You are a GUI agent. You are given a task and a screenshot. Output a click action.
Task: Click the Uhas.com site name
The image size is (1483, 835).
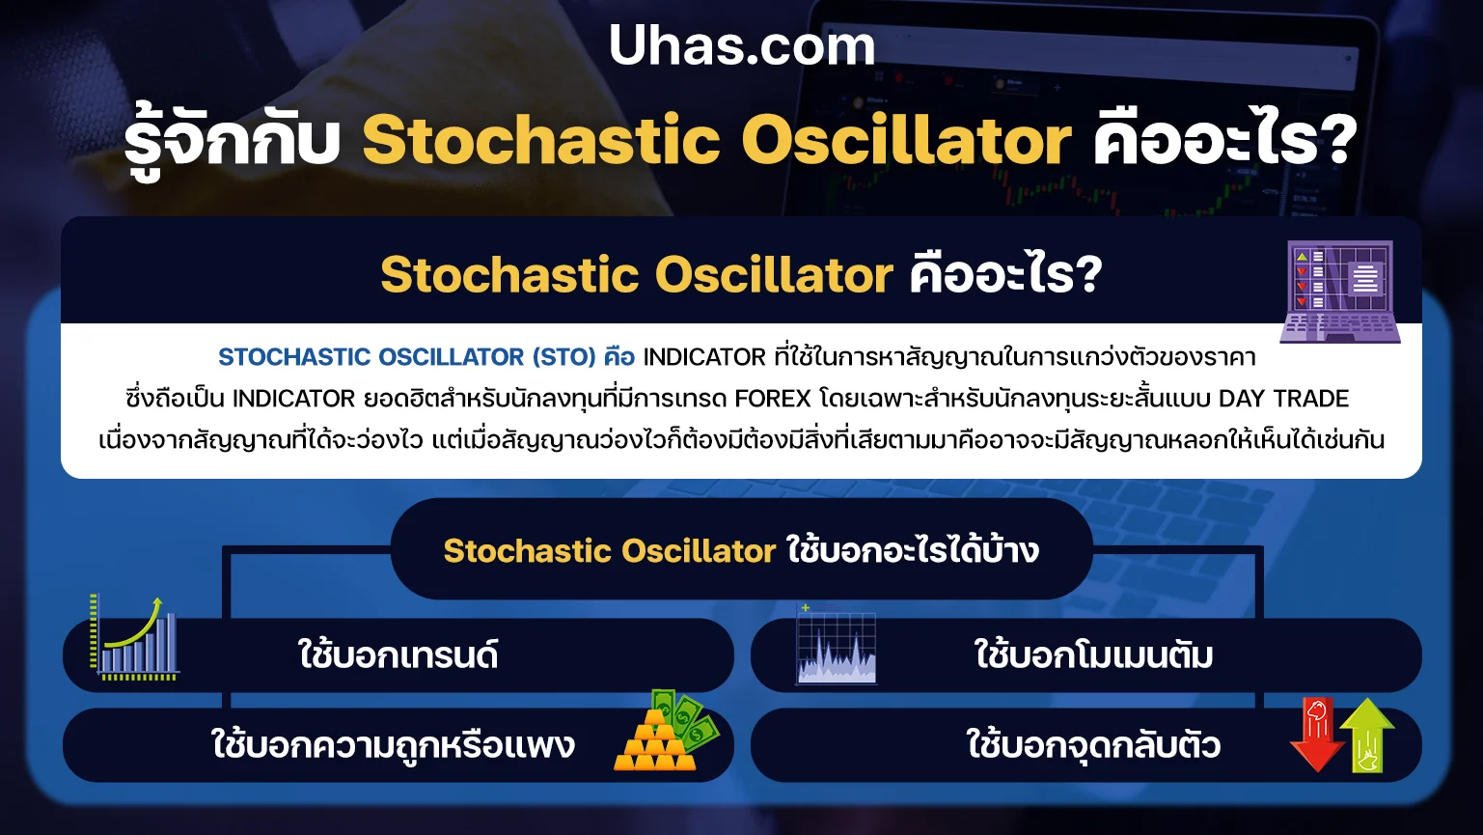[742, 45]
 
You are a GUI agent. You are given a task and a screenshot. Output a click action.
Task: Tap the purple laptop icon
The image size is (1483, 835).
[1340, 292]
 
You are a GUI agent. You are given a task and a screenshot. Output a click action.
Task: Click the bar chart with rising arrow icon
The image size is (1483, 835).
[134, 637]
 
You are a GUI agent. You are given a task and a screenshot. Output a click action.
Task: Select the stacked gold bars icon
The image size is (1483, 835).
[655, 741]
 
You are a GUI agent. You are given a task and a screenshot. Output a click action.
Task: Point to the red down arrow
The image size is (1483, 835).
[1317, 735]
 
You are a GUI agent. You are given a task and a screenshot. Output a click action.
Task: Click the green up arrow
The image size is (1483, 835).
[1367, 735]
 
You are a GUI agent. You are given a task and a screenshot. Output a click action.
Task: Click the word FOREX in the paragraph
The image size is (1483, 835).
[773, 399]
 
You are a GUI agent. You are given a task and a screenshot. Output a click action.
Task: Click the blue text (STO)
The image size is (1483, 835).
[564, 357]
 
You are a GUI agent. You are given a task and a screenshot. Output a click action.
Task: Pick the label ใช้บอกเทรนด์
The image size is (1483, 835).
[398, 654]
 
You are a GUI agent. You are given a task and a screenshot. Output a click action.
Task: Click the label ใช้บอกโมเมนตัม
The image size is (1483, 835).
[1094, 654]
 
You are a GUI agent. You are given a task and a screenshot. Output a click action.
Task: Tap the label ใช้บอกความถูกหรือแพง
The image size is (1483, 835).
[393, 744]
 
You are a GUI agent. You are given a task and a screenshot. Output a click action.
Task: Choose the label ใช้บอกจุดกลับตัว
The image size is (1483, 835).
[1093, 744]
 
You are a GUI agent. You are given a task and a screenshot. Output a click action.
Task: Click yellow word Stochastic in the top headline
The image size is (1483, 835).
[541, 140]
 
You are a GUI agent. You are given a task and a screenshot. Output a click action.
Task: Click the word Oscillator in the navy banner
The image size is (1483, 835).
[774, 275]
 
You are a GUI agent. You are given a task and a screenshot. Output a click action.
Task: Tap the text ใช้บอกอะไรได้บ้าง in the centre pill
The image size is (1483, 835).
[913, 549]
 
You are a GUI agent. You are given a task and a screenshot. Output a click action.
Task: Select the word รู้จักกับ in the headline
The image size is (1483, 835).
[233, 140]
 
